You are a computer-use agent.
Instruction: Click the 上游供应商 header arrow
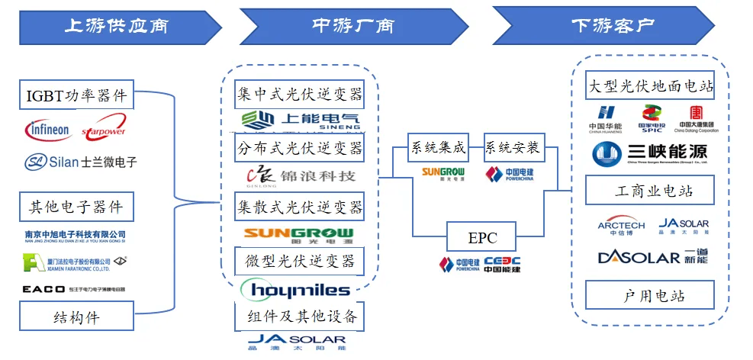click(x=114, y=26)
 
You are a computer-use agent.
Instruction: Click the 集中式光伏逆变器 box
click(x=300, y=95)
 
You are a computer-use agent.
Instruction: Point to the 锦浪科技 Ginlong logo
click(x=300, y=176)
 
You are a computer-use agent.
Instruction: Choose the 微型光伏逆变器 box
click(x=300, y=261)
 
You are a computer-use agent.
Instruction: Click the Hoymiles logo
click(x=295, y=290)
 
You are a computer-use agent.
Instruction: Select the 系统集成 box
click(x=436, y=147)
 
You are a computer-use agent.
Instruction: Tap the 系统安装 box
click(x=513, y=147)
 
